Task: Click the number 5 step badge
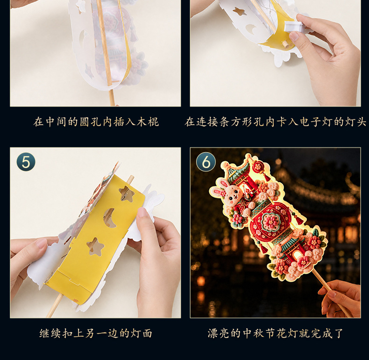pyautogui.click(x=26, y=162)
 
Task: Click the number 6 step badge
pyautogui.click(x=206, y=162)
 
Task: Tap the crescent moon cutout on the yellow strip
pyautogui.click(x=110, y=218)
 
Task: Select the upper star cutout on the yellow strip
pyautogui.click(x=127, y=194)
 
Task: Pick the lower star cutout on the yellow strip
pyautogui.click(x=95, y=247)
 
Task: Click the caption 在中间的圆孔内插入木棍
pyautogui.click(x=96, y=122)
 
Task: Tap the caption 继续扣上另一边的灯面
pyautogui.click(x=96, y=333)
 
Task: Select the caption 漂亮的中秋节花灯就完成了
pyautogui.click(x=275, y=333)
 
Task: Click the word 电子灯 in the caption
pyautogui.click(x=316, y=122)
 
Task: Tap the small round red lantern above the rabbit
pyautogui.click(x=258, y=167)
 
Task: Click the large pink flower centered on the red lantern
pyautogui.click(x=271, y=221)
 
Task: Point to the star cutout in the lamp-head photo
pyautogui.click(x=240, y=11)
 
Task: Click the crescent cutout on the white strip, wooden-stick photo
pyautogui.click(x=83, y=37)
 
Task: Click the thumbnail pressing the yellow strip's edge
pyautogui.click(x=142, y=212)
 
